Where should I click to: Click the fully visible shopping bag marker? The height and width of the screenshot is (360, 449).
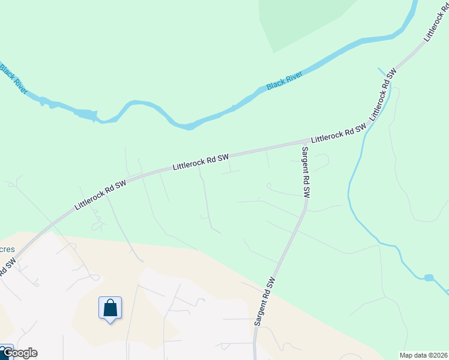point(110,308)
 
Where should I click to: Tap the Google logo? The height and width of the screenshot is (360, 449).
point(19,353)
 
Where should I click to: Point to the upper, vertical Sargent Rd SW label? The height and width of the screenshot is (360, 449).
point(305,172)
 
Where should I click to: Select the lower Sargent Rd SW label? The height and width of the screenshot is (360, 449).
point(264,301)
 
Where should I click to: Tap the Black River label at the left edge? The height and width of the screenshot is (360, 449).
point(13,77)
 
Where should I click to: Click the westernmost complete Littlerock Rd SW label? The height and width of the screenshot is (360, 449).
point(101,194)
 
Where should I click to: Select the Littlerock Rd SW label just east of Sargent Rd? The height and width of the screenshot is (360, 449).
point(339,133)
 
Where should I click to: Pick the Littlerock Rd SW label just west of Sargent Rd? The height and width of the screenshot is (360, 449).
point(201,161)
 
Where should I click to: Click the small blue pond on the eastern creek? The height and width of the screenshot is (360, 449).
point(428,278)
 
